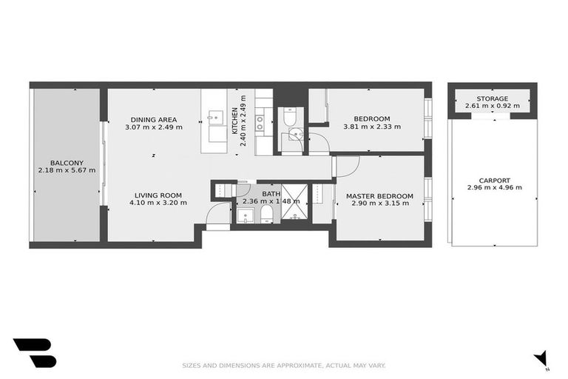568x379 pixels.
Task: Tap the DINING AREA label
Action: (x=154, y=119)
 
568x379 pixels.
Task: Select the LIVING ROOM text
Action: (x=158, y=195)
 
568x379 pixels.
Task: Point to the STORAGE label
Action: (x=492, y=98)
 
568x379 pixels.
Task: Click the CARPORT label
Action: (x=495, y=180)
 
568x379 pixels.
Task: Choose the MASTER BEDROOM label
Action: (x=379, y=196)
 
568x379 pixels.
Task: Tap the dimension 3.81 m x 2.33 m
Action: (x=372, y=127)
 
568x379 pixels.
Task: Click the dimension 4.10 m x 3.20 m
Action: (x=158, y=203)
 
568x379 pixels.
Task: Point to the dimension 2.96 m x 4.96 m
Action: (x=495, y=188)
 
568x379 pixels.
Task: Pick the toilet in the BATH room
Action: (x=267, y=215)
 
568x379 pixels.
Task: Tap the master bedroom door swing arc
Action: (x=348, y=167)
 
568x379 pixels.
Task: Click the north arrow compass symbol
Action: (x=541, y=358)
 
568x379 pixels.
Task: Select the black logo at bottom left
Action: (x=34, y=352)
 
